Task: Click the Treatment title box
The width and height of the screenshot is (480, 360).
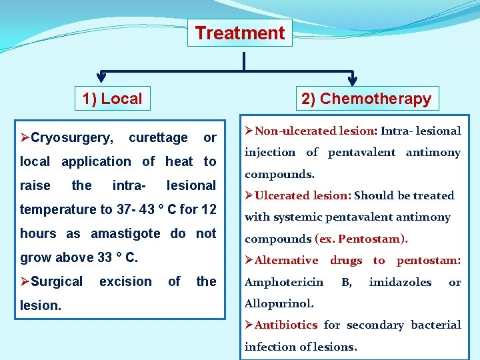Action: pos(239,33)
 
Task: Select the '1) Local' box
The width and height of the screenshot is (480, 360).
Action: pos(112,99)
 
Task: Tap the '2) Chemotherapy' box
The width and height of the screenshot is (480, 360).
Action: pos(366,99)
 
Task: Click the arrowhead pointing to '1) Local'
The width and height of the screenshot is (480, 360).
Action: pos(101,77)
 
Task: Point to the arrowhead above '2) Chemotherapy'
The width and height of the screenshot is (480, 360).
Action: pos(353,77)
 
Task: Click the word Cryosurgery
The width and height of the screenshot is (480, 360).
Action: pos(72,138)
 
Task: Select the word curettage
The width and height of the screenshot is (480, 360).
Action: pos(158,138)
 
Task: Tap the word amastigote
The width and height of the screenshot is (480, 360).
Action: pos(125,233)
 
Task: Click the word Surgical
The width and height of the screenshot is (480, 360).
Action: pos(57,281)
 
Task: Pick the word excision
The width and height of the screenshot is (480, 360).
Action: pos(125,281)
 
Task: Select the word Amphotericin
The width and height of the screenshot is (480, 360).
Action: pos(284,282)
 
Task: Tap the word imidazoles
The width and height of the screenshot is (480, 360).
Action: pos(400,282)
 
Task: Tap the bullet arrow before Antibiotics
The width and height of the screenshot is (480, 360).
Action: pos(249,325)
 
